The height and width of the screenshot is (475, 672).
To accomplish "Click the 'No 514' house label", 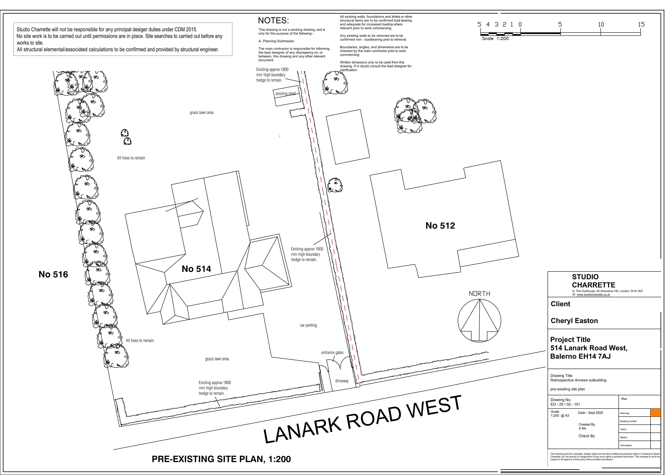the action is point(196,269).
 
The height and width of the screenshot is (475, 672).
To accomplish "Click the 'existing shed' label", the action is point(285,94).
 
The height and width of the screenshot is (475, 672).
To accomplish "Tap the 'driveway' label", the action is point(342,381).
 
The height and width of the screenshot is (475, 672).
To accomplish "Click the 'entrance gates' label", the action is point(332,353).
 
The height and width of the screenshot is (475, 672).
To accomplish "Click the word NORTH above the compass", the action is point(479,294).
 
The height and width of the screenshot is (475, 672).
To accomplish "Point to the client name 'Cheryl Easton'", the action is point(574,321).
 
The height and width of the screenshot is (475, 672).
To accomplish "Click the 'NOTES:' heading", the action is point(273,20).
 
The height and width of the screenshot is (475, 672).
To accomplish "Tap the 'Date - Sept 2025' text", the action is point(590,413).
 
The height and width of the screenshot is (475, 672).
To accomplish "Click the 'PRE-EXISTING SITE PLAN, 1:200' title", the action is point(221,459).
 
